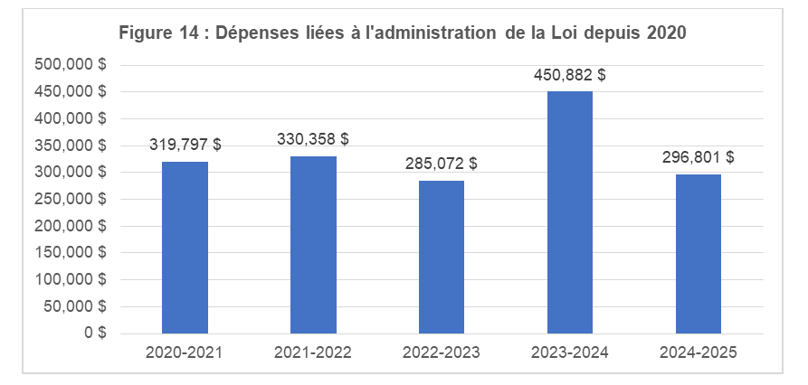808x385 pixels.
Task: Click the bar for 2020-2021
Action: click(185, 248)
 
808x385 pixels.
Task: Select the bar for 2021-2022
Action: click(313, 245)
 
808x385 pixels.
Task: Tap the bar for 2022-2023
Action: click(442, 257)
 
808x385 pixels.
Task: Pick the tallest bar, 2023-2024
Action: click(570, 212)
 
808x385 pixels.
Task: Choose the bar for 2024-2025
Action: click(698, 254)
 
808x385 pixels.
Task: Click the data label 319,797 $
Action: click(185, 145)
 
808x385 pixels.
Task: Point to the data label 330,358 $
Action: click(313, 139)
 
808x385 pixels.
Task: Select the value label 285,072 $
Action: click(442, 164)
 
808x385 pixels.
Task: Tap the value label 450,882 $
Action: click(570, 75)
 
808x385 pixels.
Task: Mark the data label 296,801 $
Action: click(698, 157)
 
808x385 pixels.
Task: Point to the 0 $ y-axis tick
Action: click(96, 333)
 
